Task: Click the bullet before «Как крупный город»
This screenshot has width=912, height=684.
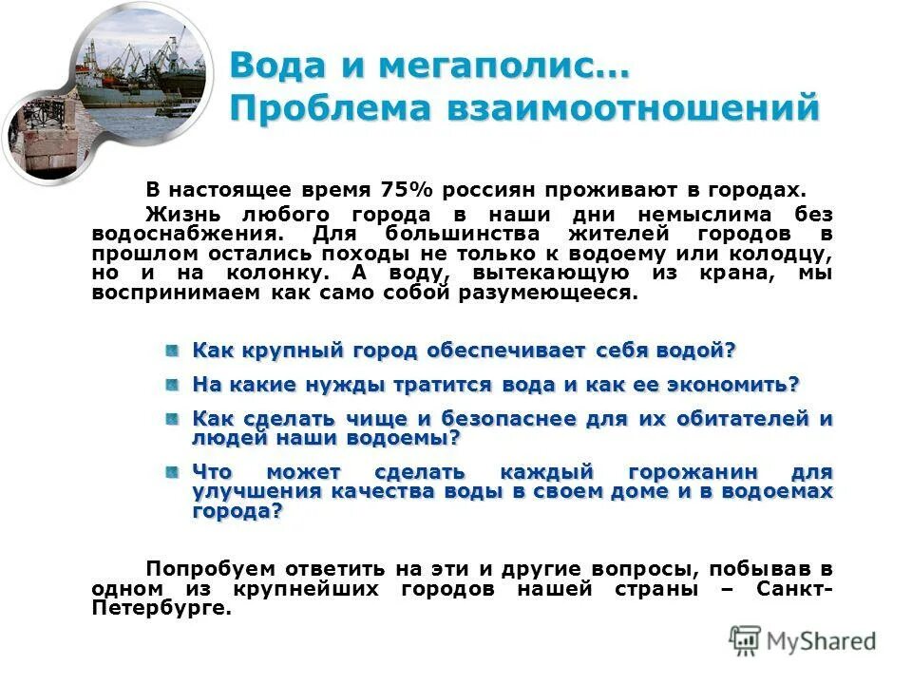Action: coord(171,351)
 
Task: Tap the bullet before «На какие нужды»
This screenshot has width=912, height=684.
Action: coord(171,385)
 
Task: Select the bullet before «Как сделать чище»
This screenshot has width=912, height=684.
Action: coord(171,419)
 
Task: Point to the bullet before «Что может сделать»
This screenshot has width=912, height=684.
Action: coord(171,472)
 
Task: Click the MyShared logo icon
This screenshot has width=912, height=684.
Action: coord(745,638)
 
